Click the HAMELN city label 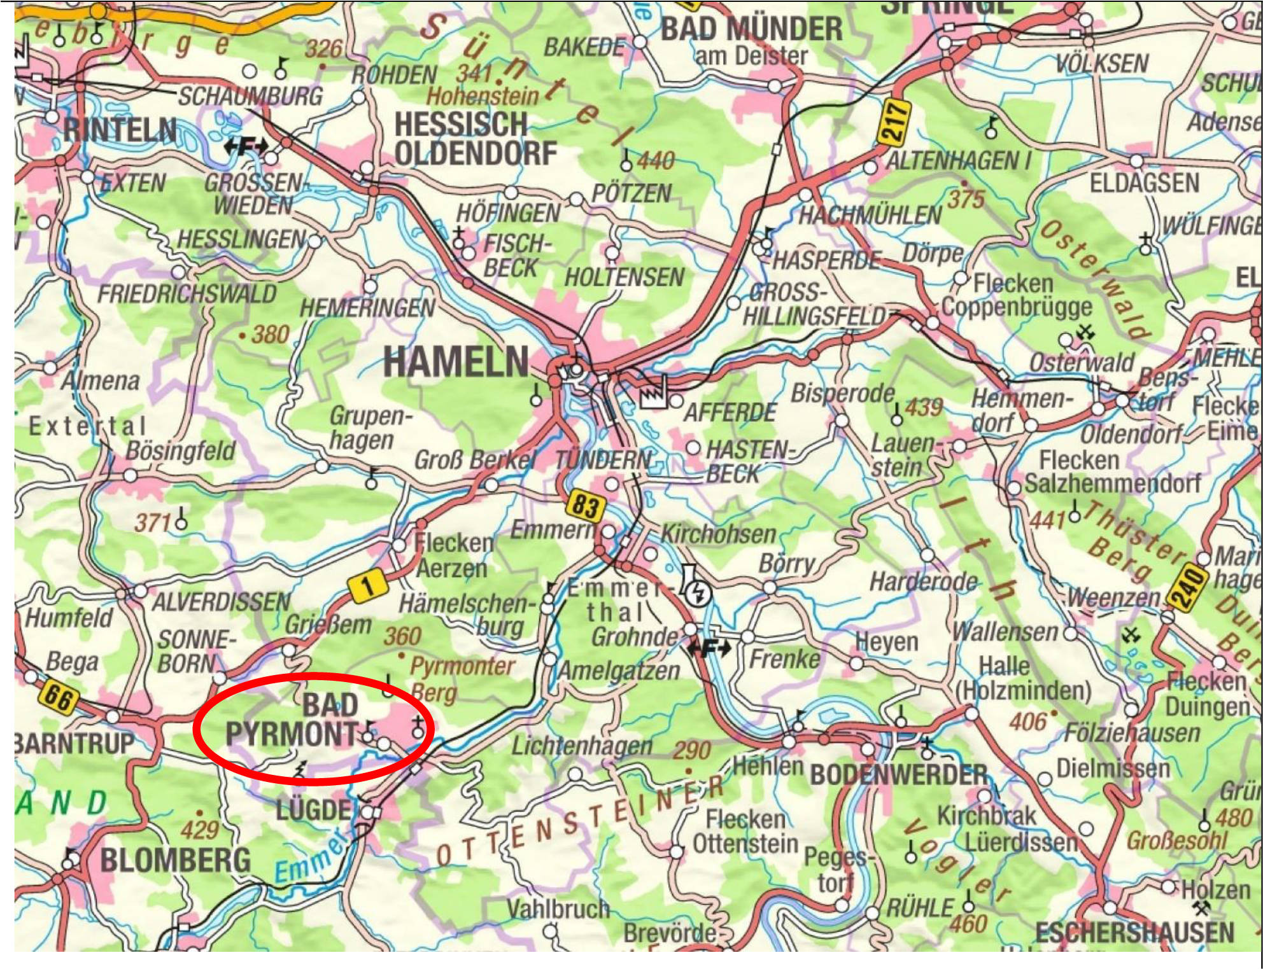pos(456,363)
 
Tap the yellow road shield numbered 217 pos(894,122)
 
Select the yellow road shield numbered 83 pos(584,506)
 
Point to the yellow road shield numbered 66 pos(59,697)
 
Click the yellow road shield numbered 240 pos(1189,590)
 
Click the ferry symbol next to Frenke pos(709,650)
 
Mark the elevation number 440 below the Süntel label pos(656,161)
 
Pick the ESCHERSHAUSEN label pos(1134,933)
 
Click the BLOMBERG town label pos(175,861)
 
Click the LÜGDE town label pos(313,811)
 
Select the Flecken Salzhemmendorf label pos(1111,471)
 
